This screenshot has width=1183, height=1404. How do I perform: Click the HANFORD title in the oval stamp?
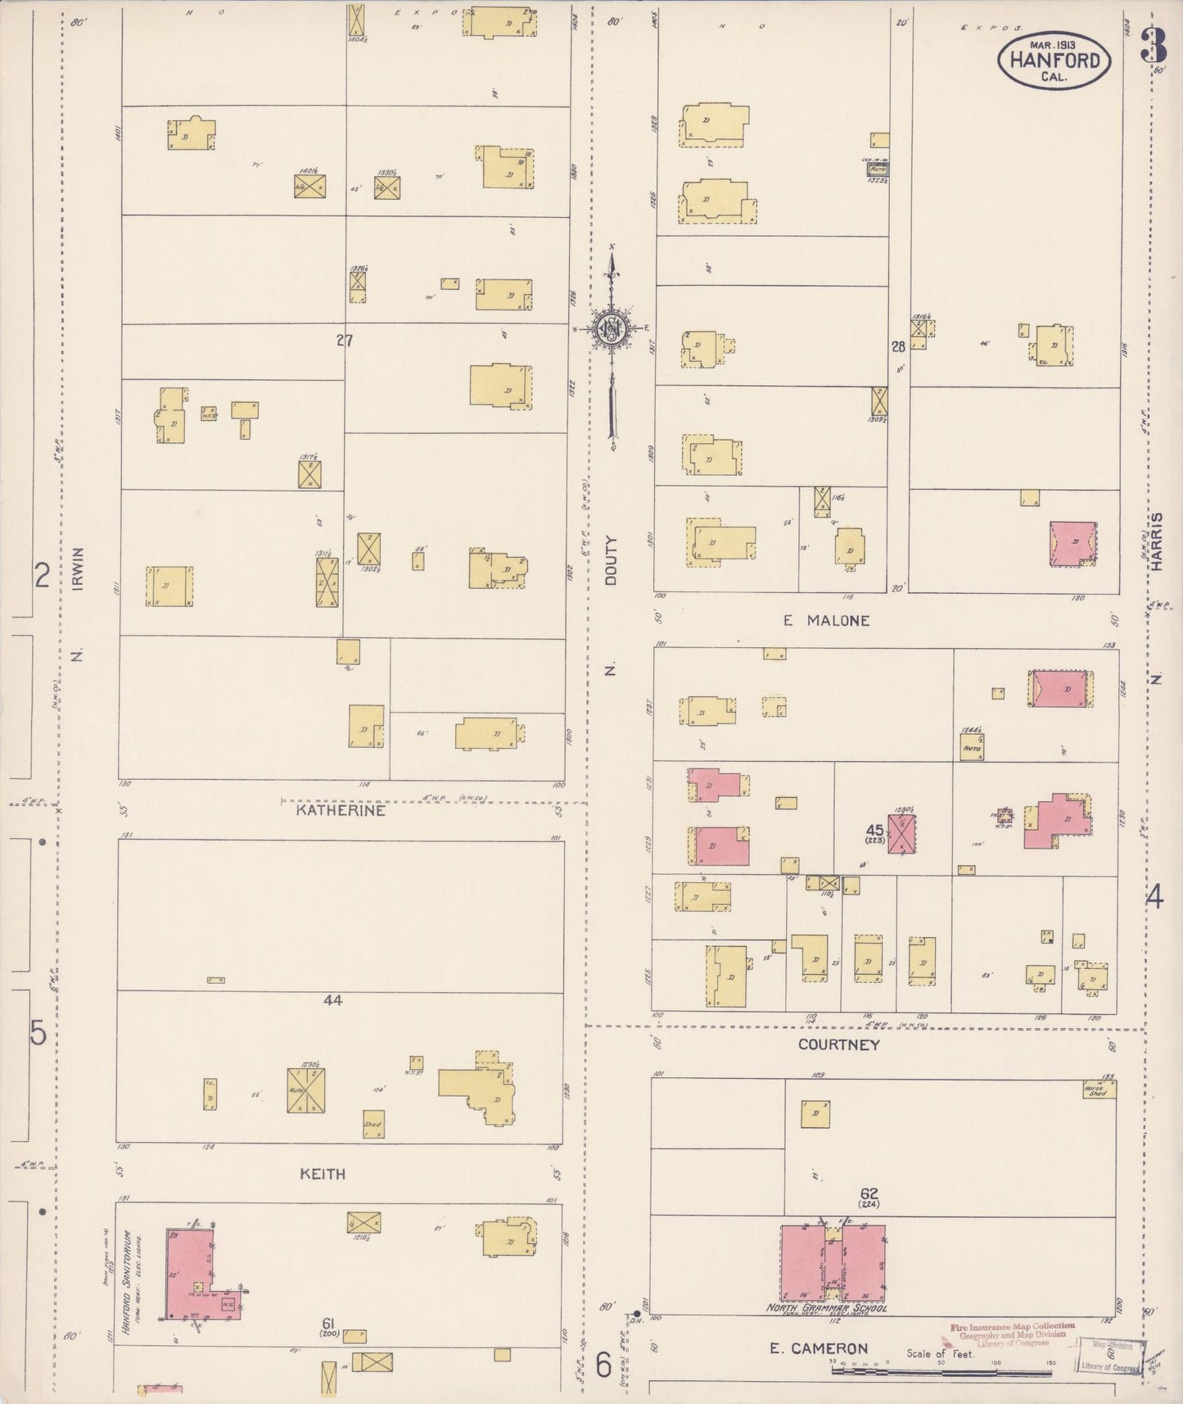[1054, 60]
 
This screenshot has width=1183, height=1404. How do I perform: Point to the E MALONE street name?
[825, 620]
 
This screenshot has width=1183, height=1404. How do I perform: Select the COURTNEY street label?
[839, 1044]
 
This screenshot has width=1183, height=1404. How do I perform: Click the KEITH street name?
[323, 1174]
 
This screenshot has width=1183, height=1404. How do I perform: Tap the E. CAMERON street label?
[819, 1348]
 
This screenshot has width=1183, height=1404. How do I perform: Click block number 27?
[344, 340]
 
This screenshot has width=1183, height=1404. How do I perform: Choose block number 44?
[332, 1000]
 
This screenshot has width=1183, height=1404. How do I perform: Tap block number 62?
[869, 1194]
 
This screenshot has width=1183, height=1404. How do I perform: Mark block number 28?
[898, 346]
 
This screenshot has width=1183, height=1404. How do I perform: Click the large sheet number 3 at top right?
[1154, 44]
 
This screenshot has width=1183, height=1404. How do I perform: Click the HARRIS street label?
[1157, 541]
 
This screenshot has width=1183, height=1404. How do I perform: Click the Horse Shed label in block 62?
[1097, 1090]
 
